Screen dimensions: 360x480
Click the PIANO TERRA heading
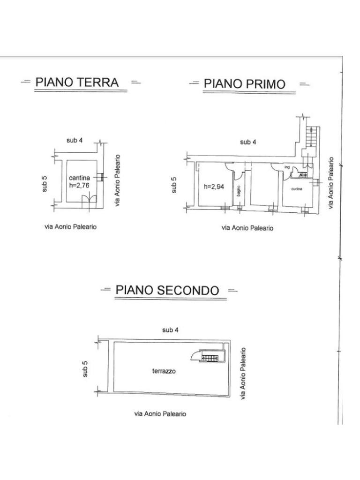tap(77, 82)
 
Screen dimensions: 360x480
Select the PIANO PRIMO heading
tap(244, 84)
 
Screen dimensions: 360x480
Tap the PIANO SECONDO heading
tap(167, 290)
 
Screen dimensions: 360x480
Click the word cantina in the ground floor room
tap(80, 178)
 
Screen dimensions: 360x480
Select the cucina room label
tap(296, 188)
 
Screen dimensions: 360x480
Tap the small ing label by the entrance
tap(287, 167)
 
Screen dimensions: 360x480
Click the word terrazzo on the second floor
tap(164, 371)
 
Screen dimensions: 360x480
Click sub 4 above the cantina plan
tap(75, 141)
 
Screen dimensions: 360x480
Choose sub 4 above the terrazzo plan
tap(170, 330)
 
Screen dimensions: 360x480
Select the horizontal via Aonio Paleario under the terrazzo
tap(160, 414)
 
